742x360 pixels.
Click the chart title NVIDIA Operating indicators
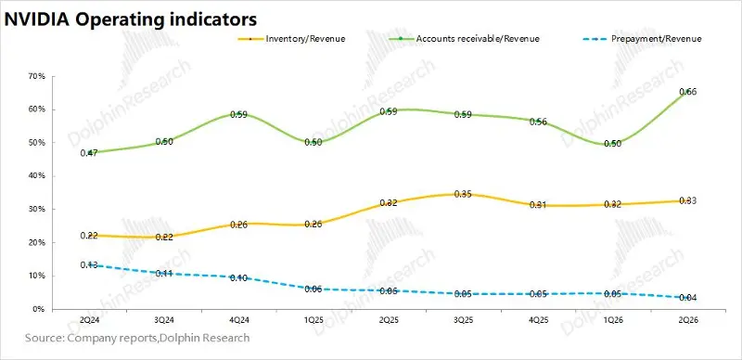(x=131, y=19)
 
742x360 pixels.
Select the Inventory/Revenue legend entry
(x=292, y=39)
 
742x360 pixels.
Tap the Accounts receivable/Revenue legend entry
(x=464, y=39)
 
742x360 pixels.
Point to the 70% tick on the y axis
(x=38, y=76)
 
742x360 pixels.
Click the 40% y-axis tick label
(x=38, y=176)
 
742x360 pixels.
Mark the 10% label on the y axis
(x=38, y=276)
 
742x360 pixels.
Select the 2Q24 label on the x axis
(x=89, y=320)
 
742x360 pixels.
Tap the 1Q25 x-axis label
(x=313, y=320)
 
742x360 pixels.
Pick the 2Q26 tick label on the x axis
(x=687, y=320)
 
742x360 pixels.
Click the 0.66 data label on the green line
(x=687, y=92)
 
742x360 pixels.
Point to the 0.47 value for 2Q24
(x=89, y=153)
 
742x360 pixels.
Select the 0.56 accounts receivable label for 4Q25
(x=538, y=122)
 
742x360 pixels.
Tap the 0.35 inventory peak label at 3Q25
(x=462, y=194)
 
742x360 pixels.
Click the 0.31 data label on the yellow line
(x=538, y=205)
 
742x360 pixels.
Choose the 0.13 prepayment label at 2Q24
(x=89, y=265)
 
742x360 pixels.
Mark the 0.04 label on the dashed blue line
(x=687, y=298)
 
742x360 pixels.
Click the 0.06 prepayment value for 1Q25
(x=313, y=289)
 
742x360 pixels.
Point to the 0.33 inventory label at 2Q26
(x=687, y=200)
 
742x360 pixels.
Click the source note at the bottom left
(x=136, y=339)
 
